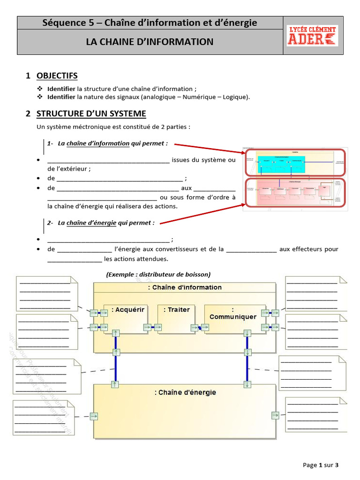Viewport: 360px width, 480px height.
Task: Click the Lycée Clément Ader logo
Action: pyautogui.click(x=312, y=35)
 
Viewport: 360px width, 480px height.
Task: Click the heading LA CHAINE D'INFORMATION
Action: pyautogui.click(x=150, y=42)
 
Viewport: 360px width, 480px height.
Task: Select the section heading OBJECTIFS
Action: pyautogui.click(x=57, y=76)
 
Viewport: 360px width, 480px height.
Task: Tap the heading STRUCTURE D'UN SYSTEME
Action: pyautogui.click(x=91, y=114)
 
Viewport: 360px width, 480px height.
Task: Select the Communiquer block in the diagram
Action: pyautogui.click(x=233, y=313)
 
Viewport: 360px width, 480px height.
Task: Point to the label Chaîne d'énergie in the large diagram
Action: pyautogui.click(x=185, y=392)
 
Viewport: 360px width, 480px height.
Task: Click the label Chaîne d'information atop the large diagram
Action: pyautogui.click(x=185, y=287)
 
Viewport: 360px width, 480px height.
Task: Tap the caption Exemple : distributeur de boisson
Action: pyautogui.click(x=158, y=274)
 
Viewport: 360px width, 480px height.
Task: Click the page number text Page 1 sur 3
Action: pyautogui.click(x=321, y=465)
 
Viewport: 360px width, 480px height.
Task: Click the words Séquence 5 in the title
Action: pyautogui.click(x=70, y=22)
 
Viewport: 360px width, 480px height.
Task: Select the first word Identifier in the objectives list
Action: pyautogui.click(x=61, y=89)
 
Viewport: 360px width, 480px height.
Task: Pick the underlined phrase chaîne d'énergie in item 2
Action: pyautogui.click(x=91, y=223)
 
